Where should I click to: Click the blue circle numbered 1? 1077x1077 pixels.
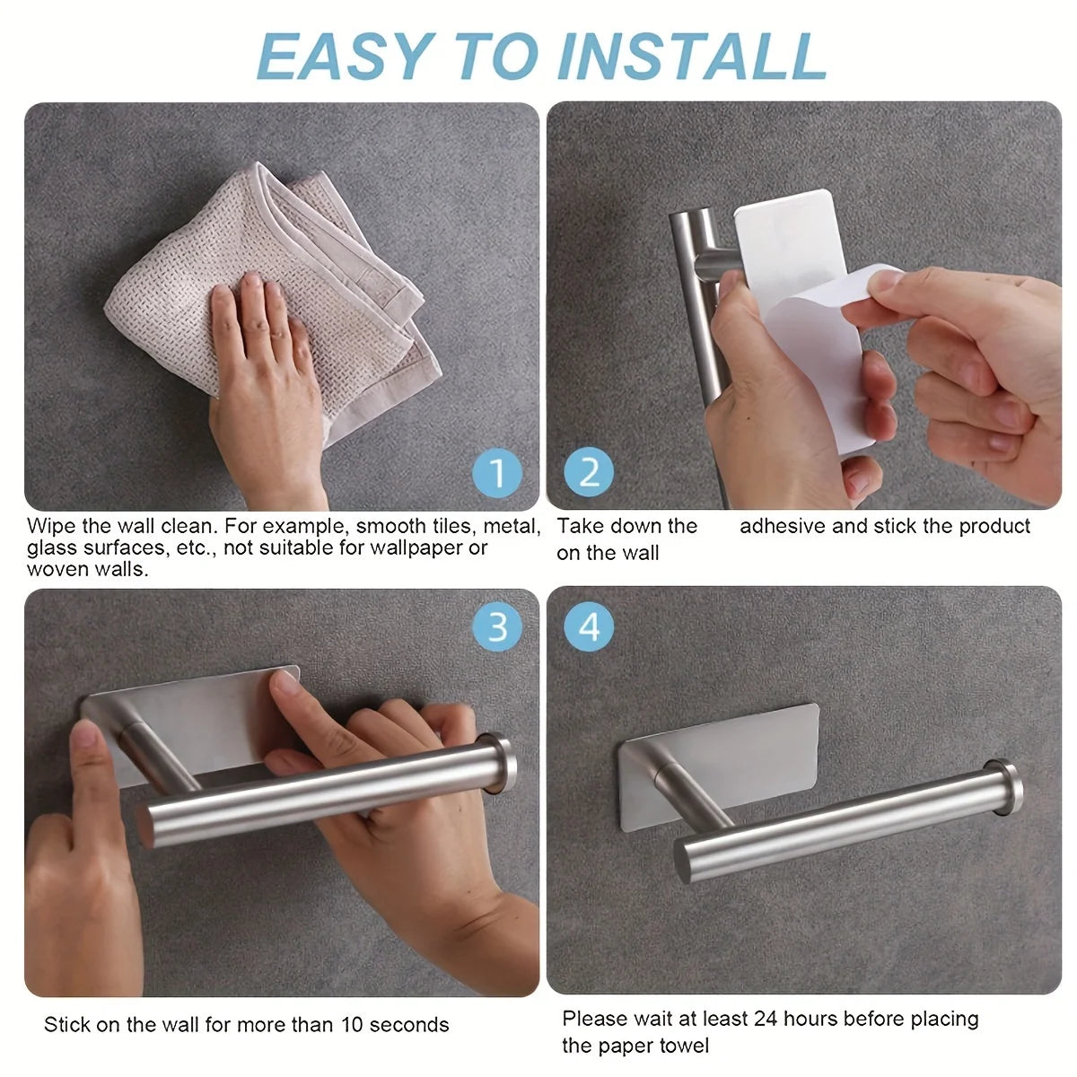pos(497,472)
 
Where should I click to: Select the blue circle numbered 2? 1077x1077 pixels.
pos(589,472)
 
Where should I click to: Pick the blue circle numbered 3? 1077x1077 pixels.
pos(497,627)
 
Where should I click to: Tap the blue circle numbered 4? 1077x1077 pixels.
pos(589,627)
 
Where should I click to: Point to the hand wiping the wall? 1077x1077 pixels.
pos(266,386)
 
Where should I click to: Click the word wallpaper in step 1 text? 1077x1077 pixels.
pos(419,548)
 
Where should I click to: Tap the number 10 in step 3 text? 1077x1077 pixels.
pos(352,1025)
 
